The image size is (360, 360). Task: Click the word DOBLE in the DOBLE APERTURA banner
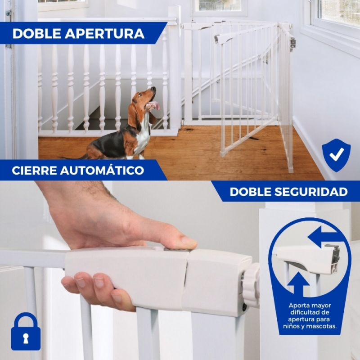[x=37, y=33]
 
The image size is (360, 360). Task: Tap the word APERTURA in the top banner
[x=105, y=33]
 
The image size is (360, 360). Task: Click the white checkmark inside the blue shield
[x=337, y=154]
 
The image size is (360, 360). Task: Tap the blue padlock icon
[x=26, y=331]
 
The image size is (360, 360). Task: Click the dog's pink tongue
[x=157, y=105]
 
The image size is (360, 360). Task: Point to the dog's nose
[x=154, y=89]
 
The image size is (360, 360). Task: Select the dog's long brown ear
[x=133, y=115]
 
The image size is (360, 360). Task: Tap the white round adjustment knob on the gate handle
[x=251, y=285]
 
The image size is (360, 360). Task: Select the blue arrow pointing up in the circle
[x=298, y=283]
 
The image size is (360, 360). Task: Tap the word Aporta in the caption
[x=297, y=306]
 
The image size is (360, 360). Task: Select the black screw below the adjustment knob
[x=244, y=307]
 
